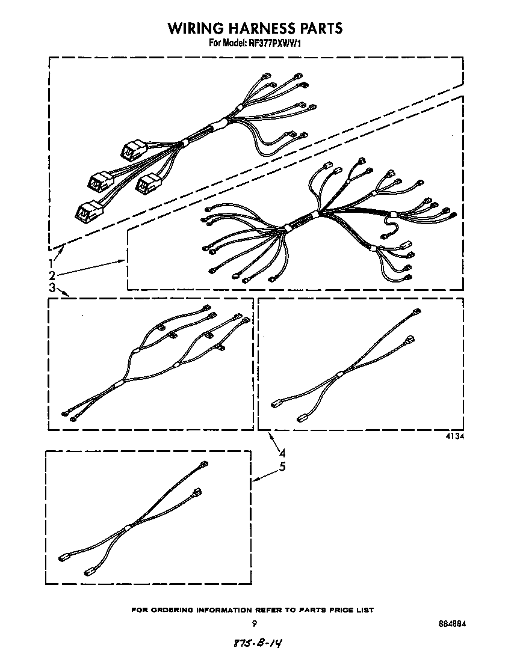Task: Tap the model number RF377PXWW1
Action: click(275, 43)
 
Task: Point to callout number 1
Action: click(52, 263)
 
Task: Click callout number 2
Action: click(52, 275)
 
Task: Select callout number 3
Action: click(52, 288)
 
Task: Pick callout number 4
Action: click(282, 454)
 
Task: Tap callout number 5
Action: click(282, 466)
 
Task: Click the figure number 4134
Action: click(454, 438)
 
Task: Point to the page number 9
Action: click(255, 623)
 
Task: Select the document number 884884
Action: click(453, 623)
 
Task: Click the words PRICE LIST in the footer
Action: click(350, 610)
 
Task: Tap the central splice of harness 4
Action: click(340, 374)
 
